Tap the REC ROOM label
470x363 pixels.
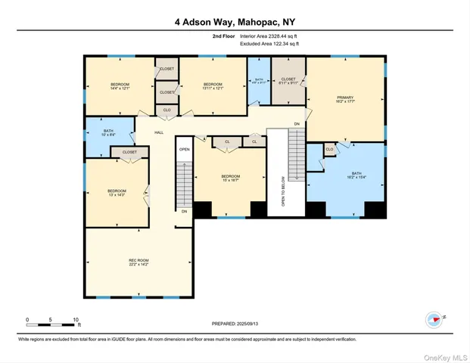pos(138,262)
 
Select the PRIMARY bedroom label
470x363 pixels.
pos(345,99)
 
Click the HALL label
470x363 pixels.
pos(159,132)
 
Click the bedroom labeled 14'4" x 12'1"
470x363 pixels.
pos(120,85)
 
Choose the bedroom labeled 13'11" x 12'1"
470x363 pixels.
pos(212,85)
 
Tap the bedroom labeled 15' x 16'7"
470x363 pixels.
pos(230,178)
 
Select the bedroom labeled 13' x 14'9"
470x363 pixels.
pos(116,193)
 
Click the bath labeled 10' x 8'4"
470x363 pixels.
pos(109,133)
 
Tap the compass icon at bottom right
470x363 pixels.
pos(434,319)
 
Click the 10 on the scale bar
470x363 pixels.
pos(76,319)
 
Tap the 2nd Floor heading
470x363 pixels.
pos(223,36)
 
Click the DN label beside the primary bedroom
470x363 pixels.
pos(297,124)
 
